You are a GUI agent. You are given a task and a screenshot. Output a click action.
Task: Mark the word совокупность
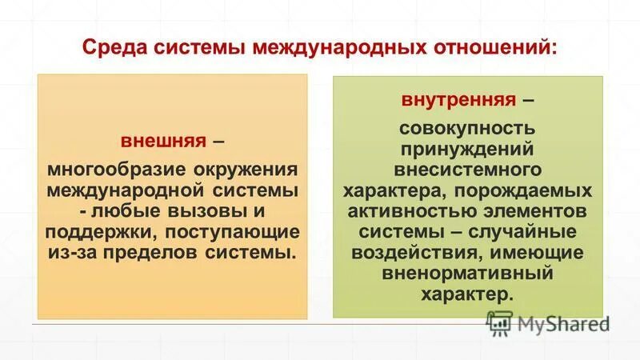tap(468, 128)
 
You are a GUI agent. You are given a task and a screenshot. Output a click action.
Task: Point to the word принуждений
tap(468, 149)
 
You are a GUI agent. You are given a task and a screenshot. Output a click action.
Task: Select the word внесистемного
tap(468, 170)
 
